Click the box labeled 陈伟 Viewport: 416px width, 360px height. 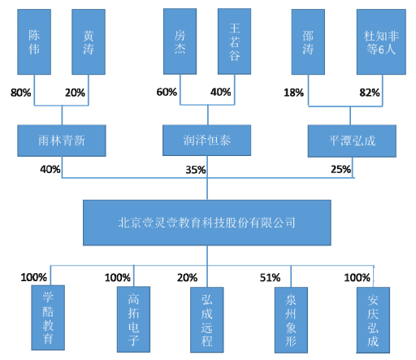click(34, 41)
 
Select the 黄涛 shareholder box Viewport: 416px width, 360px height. click(89, 41)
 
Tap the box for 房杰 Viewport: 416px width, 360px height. click(180, 41)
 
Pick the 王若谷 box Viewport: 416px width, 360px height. click(234, 41)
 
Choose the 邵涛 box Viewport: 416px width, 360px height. click(308, 41)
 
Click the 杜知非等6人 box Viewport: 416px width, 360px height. click(381, 41)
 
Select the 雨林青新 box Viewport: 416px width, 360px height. click(62, 141)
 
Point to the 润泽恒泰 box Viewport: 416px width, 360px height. click(206, 141)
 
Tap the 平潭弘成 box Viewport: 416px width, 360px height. click(352, 141)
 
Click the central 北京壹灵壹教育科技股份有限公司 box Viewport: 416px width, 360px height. click(207, 223)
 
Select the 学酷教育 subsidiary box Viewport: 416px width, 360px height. click(48, 318)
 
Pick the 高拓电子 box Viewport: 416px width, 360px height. click(133, 319)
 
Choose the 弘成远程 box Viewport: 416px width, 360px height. click(207, 319)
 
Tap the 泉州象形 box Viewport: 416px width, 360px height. click(291, 320)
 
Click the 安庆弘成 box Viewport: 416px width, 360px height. click(373, 320)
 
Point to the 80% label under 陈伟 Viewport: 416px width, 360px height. click(21, 93)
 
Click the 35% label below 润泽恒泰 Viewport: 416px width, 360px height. click(196, 170)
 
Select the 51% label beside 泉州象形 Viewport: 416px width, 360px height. click(270, 278)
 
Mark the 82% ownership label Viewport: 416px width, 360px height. click(370, 93)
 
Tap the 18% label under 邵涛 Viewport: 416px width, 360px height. click(293, 93)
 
